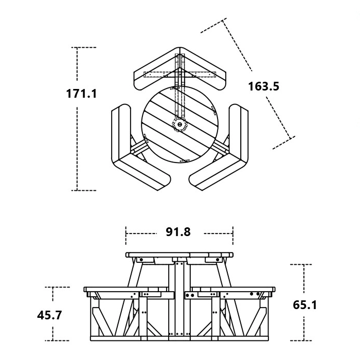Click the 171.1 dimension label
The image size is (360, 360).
pyautogui.click(x=81, y=94)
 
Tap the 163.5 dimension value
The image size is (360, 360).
pyautogui.click(x=263, y=86)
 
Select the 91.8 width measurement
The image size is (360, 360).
pyautogui.click(x=178, y=232)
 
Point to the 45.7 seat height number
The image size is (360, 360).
pyautogui.click(x=49, y=315)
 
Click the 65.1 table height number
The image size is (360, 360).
pyautogui.click(x=304, y=305)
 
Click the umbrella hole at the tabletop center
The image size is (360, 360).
pyautogui.click(x=179, y=124)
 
